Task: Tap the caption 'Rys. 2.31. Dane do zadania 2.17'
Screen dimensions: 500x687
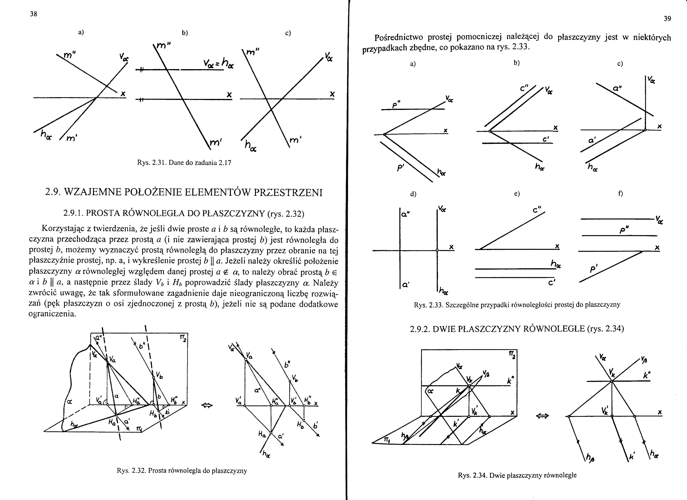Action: coord(184,163)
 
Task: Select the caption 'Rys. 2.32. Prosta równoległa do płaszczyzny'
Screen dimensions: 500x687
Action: coord(182,471)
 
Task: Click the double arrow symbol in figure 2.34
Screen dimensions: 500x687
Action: coord(542,417)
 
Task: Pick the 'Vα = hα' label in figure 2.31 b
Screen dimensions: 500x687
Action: coord(219,63)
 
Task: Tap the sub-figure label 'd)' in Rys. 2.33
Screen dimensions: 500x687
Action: coord(413,194)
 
